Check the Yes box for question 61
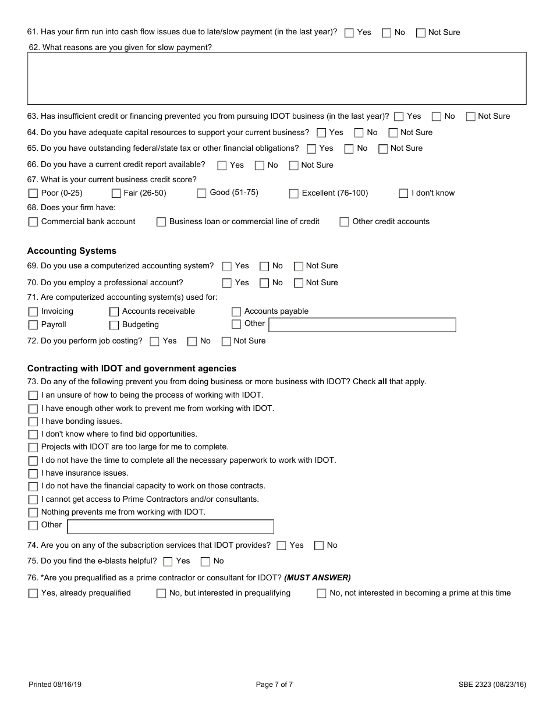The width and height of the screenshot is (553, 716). (349, 33)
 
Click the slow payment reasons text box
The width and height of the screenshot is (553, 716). (276, 79)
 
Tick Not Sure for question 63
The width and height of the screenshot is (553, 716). (470, 116)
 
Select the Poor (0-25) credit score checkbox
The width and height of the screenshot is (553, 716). (33, 193)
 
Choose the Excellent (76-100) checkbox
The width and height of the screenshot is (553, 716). (294, 193)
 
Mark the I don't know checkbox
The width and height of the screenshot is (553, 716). (403, 193)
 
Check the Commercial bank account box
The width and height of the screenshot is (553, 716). (33, 222)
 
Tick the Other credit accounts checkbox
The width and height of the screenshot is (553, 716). (344, 222)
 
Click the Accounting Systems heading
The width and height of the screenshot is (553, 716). (72, 251)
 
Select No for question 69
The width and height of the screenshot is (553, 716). (264, 267)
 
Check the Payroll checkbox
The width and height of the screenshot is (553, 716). (33, 325)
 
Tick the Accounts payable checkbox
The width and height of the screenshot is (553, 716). (236, 312)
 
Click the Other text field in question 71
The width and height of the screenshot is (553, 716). (361, 325)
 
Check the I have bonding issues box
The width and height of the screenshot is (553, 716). (33, 421)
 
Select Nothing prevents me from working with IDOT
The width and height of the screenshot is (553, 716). (33, 513)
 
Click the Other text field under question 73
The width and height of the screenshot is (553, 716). (171, 527)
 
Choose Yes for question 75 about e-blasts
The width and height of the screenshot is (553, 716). (168, 562)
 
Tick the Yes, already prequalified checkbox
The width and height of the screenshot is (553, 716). (33, 594)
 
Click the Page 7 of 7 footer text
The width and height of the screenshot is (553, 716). (274, 685)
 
